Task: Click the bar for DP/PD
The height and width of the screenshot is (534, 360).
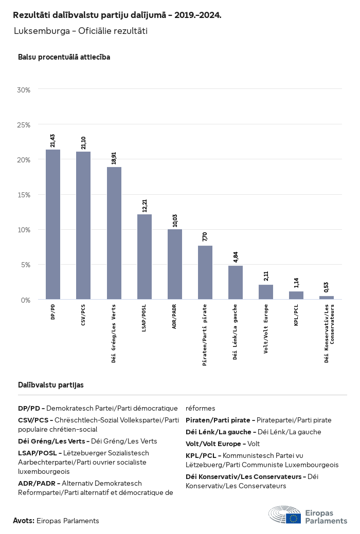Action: [53, 224]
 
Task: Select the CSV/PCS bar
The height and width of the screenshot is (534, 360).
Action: [83, 225]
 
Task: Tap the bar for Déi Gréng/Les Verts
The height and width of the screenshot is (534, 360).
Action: [114, 233]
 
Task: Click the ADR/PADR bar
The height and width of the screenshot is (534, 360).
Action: [175, 264]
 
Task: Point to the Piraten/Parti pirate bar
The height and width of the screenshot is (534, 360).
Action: [205, 272]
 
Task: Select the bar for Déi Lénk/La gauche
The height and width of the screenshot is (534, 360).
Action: [236, 282]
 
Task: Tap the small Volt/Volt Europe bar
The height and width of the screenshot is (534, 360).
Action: [266, 292]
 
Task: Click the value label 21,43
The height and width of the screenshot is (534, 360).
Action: [53, 140]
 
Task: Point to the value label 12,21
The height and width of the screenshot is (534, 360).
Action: [145, 205]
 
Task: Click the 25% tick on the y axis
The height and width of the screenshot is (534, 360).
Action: [24, 125]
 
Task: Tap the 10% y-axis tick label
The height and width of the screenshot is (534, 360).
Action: [24, 230]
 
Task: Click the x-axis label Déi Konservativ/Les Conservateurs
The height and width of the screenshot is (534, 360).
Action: [329, 333]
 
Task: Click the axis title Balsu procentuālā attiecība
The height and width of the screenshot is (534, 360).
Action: [64, 57]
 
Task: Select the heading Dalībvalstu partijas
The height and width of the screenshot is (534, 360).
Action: [51, 384]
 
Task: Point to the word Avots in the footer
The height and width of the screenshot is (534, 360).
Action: [23, 521]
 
